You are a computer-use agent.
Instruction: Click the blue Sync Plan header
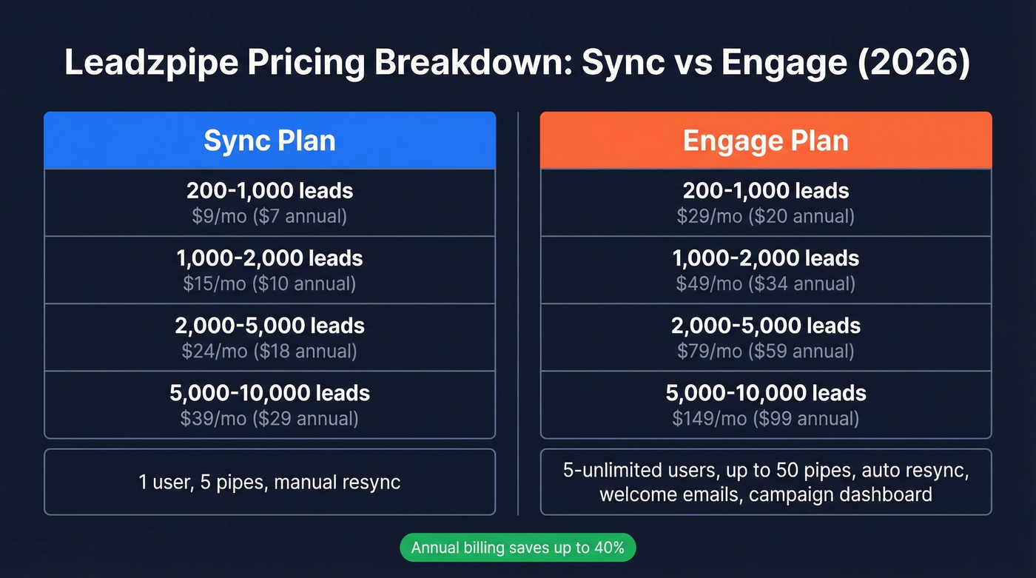tap(269, 141)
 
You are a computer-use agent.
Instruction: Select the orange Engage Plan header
tap(765, 141)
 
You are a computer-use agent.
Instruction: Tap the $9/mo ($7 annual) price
tap(269, 217)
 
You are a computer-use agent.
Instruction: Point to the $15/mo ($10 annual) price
tap(269, 283)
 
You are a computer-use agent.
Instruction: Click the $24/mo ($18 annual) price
tap(269, 351)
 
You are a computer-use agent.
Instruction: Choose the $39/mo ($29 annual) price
tap(269, 419)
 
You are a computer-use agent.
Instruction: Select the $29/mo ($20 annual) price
tap(765, 217)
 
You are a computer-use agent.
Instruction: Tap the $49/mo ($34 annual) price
tap(765, 283)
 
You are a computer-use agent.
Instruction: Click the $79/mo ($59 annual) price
tap(765, 351)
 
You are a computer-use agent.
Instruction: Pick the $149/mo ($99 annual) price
tap(765, 419)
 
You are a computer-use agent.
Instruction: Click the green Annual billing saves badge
tap(517, 548)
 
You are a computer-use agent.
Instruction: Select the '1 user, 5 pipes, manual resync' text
tap(269, 483)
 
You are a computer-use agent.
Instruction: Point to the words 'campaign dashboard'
tap(840, 494)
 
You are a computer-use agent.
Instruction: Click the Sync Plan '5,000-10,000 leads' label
tap(269, 393)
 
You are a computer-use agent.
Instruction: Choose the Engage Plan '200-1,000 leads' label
tap(765, 191)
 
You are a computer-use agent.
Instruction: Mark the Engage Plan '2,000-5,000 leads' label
tap(765, 326)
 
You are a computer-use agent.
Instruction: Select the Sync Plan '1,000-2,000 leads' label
tap(269, 258)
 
